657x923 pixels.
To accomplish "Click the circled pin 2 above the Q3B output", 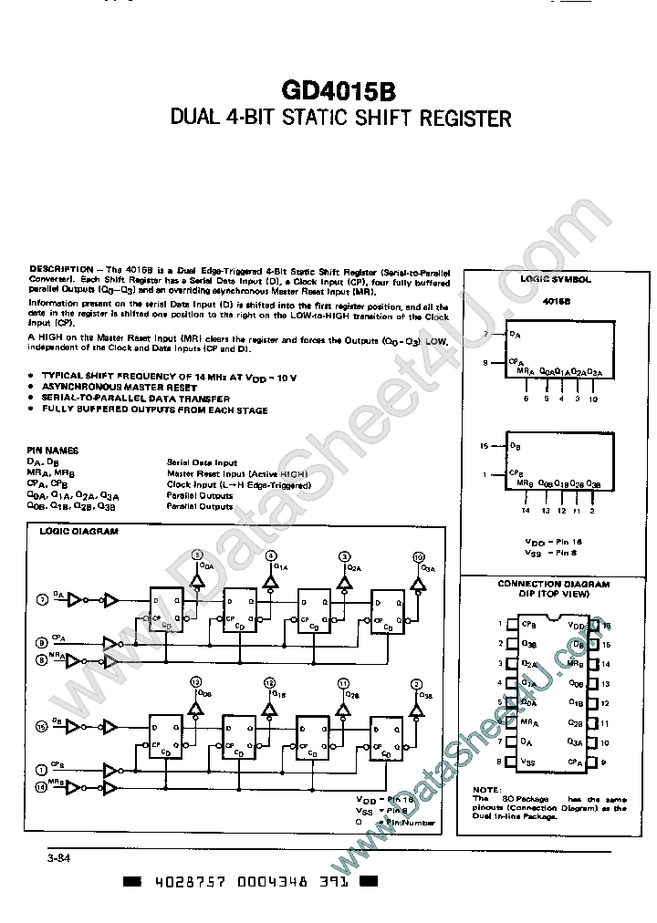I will tap(417, 683).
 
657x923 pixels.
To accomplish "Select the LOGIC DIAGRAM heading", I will tap(78, 531).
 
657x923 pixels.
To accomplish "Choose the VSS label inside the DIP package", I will tap(528, 761).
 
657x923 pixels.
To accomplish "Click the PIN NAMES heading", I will tap(54, 451).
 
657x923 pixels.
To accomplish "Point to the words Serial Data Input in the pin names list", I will tap(202, 462).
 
